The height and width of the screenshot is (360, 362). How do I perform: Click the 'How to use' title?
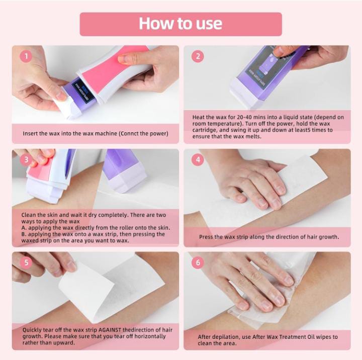[x=180, y=24]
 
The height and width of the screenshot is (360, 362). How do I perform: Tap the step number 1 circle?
[x=26, y=56]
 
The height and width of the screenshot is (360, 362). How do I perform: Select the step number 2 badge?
[x=198, y=56]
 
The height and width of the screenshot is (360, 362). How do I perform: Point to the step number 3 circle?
[x=26, y=159]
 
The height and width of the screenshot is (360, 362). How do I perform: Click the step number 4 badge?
[x=198, y=159]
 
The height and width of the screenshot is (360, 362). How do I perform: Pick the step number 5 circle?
[x=26, y=262]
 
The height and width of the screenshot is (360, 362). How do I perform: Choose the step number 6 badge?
[x=198, y=262]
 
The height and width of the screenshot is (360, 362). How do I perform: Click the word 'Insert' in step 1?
[x=29, y=133]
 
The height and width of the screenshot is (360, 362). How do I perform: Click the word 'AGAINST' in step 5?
[x=110, y=330]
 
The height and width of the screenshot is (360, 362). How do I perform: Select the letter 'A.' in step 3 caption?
[x=24, y=228]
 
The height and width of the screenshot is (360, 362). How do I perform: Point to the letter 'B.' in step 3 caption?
[x=24, y=234]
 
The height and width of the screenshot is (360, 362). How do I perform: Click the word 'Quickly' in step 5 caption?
[x=32, y=330]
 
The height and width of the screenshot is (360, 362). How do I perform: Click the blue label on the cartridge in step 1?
[x=83, y=91]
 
